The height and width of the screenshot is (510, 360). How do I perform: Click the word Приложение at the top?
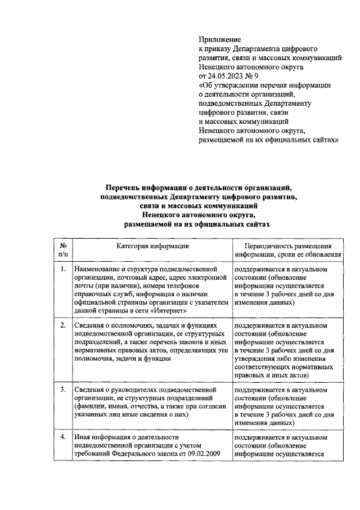220,39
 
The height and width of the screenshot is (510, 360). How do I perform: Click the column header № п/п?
62,250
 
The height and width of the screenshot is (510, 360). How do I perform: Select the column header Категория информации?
153,246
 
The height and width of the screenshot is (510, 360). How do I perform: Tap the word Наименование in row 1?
97,270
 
